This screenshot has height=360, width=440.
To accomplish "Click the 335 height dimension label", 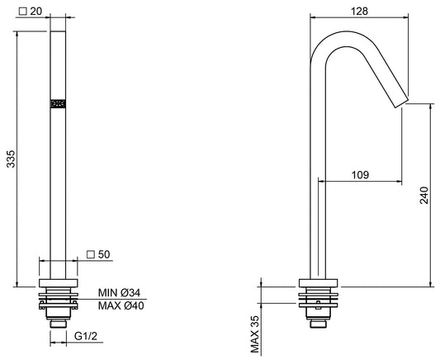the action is tap(12, 159).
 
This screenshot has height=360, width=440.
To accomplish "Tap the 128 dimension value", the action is tap(359, 12).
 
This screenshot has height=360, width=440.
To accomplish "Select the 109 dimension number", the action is tap(360, 175).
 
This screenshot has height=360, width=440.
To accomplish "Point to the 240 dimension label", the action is tap(423, 195).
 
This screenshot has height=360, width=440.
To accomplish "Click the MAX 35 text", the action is tap(255, 334).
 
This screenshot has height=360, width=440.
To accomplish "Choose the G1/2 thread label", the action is tap(86, 336).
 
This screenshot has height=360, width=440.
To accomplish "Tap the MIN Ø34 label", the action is tap(119, 293).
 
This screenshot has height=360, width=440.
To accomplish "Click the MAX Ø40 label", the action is tap(121, 306).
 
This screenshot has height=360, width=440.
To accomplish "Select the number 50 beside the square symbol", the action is tap(104, 254).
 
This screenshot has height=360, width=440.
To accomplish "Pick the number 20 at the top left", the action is tap(36, 12).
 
